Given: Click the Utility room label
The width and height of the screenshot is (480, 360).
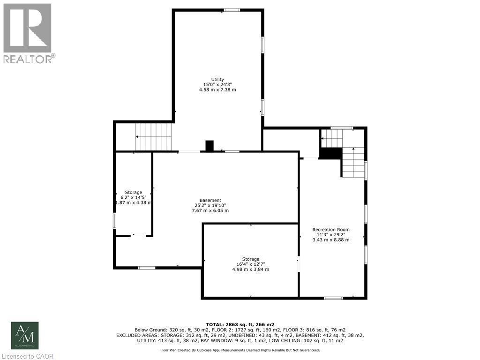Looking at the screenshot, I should [217, 79].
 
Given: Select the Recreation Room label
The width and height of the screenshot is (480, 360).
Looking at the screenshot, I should [331, 229].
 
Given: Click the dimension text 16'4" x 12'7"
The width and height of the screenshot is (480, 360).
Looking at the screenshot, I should [251, 264].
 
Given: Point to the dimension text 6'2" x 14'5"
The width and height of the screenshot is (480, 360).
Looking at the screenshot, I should [134, 197].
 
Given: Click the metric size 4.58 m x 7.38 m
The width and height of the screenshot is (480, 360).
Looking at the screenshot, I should [217, 90].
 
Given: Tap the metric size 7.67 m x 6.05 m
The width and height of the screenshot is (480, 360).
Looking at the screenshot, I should [210, 210].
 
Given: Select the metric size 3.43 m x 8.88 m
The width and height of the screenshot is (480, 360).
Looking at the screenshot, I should [331, 240].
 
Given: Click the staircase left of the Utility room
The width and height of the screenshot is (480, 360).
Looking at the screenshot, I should [154, 136].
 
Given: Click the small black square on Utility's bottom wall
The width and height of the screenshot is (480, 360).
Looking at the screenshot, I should [210, 146].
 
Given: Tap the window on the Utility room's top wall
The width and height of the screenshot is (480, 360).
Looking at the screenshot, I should [231, 10].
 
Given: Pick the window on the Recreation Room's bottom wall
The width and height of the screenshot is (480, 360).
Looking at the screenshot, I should [333, 298].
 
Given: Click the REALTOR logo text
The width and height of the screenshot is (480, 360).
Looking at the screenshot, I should [29, 59].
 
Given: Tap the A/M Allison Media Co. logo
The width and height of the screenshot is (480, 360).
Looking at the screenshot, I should [25, 335].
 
